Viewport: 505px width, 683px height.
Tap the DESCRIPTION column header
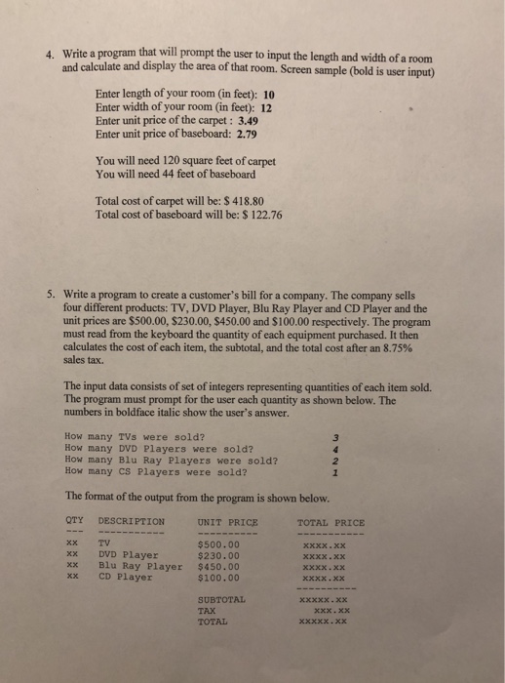[132, 520]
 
